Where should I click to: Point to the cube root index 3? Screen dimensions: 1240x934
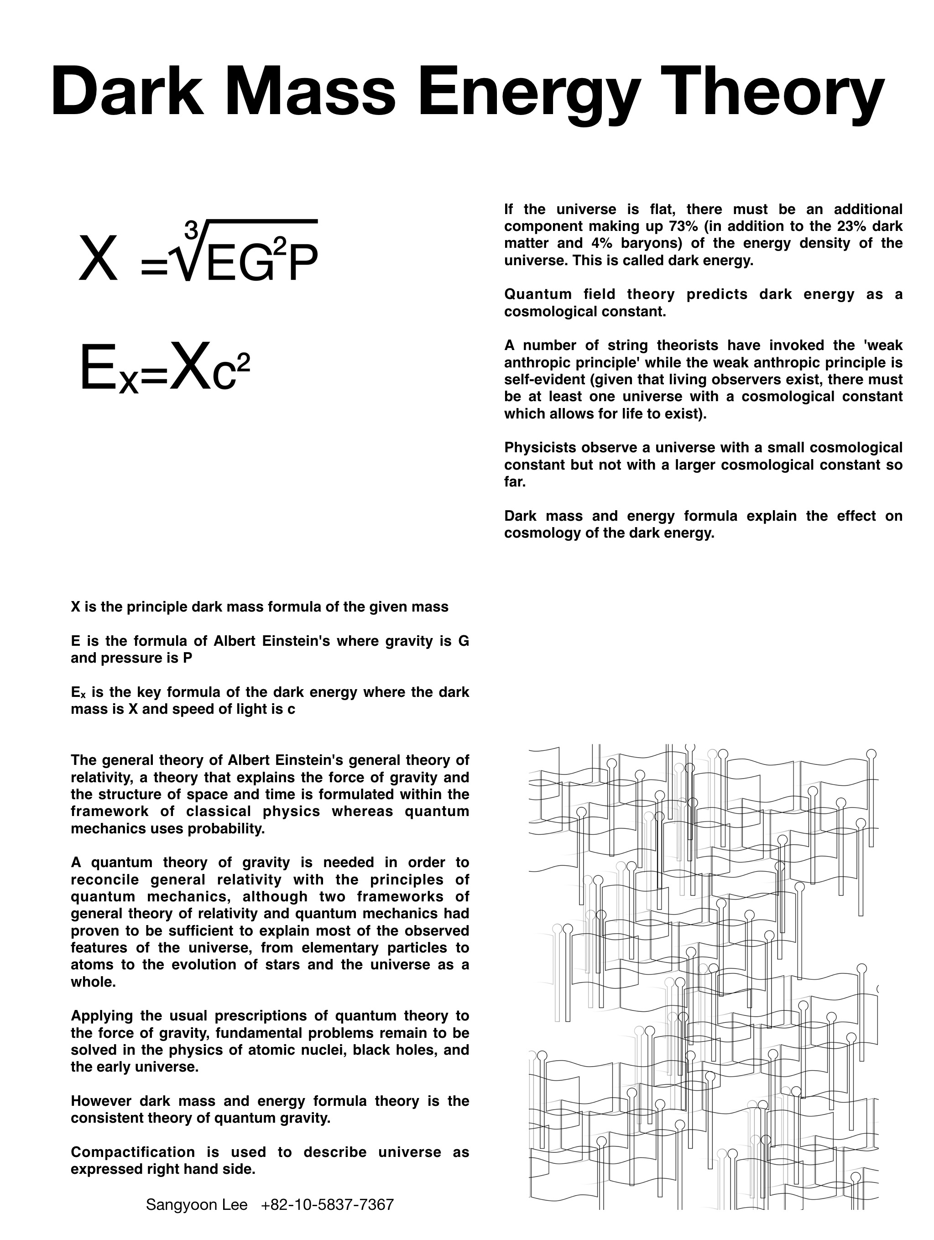click(x=191, y=230)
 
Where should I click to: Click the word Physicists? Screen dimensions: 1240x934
click(x=540, y=447)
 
